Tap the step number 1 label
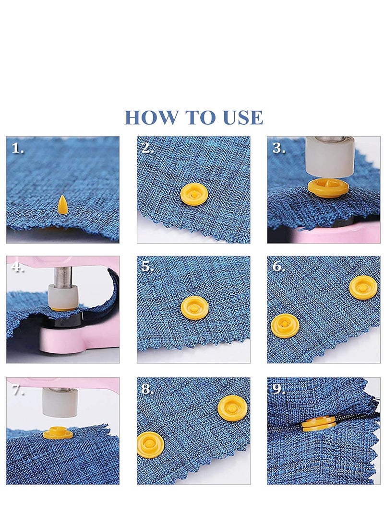[17, 148]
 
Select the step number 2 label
[147, 148]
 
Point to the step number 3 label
[278, 148]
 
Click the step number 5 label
[147, 266]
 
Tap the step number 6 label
[278, 266]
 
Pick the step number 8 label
[147, 389]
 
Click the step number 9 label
[278, 389]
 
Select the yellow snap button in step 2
[194, 196]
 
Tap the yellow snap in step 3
[327, 188]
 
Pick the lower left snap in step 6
[285, 325]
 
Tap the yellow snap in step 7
[58, 432]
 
